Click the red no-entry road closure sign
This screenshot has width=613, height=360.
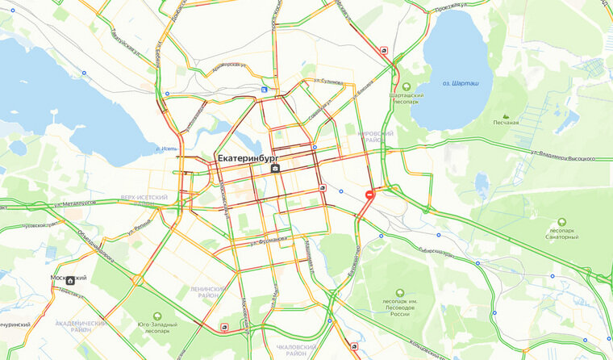(x=370, y=195)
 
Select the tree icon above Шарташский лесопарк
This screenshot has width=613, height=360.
(x=406, y=86)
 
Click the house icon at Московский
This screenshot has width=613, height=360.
(x=70, y=281)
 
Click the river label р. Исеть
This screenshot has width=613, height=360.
(x=166, y=149)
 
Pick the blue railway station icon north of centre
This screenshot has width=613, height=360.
(x=265, y=90)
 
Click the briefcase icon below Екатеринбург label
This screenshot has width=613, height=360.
(x=276, y=169)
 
